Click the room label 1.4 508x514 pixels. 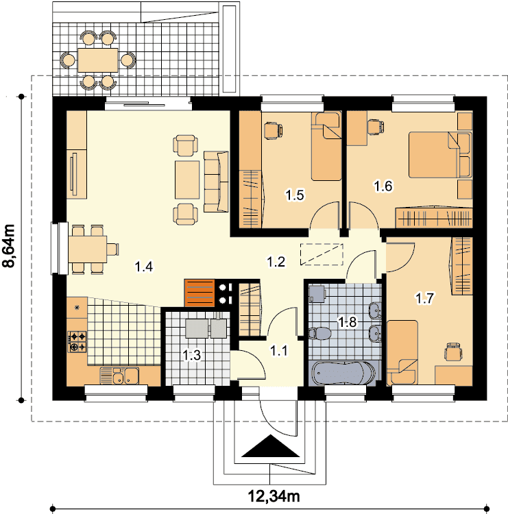click(x=144, y=267)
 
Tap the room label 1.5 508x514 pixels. click(x=295, y=195)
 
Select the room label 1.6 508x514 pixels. click(x=383, y=186)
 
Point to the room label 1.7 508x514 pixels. click(x=424, y=298)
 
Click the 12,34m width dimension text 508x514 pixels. click(x=274, y=497)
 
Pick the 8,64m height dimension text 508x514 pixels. click(x=9, y=246)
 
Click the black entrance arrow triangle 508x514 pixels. click(x=271, y=446)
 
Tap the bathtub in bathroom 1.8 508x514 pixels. click(x=343, y=373)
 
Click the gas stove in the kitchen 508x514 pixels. click(x=77, y=341)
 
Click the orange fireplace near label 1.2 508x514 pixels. click(x=199, y=293)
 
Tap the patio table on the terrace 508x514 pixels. click(x=98, y=60)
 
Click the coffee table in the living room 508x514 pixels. click(x=187, y=180)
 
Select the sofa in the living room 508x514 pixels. click(x=216, y=182)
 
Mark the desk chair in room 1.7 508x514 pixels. click(x=453, y=352)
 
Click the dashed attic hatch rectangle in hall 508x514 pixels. click(x=322, y=254)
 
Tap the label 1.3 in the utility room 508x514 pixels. click(x=191, y=355)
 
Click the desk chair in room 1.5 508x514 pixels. click(x=273, y=131)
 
